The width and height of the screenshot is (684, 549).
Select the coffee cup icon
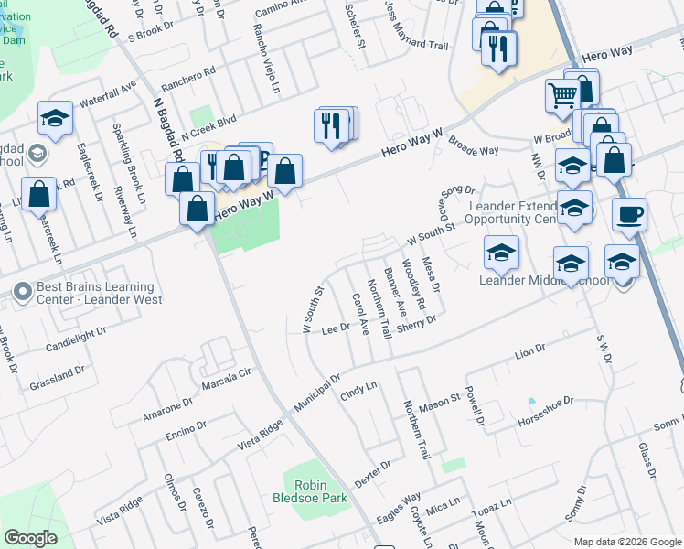coord(629,216)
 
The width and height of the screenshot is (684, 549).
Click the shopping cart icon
coord(561,93)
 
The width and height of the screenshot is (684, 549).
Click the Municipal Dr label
coord(316,390)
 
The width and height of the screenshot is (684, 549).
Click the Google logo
coord(30,538)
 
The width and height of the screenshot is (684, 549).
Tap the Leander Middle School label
coord(543,280)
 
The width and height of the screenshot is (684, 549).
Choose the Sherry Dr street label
coord(417,326)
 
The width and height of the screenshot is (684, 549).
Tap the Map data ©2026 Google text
coord(626,541)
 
